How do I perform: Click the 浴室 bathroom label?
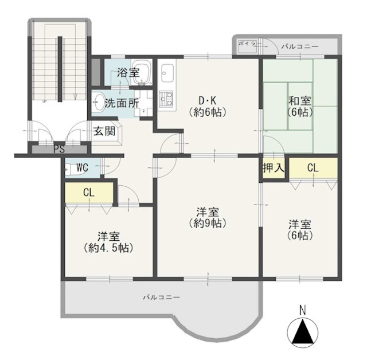[x=128, y=72]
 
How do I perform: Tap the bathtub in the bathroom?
[x=142, y=72]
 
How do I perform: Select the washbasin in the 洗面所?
[x=98, y=103]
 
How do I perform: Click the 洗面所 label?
[x=122, y=103]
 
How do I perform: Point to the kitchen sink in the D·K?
[x=167, y=73]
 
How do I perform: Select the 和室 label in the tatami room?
[x=300, y=101]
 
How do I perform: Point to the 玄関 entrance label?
[x=104, y=131]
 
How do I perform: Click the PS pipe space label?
[x=59, y=149]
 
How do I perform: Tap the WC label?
[x=82, y=167]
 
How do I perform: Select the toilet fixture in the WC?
[x=69, y=169]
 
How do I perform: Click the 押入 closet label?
[x=274, y=168]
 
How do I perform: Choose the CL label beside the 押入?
[x=313, y=168]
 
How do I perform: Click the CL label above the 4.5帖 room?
[x=89, y=193]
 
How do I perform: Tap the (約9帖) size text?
[x=208, y=224]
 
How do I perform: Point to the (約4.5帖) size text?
[x=109, y=248]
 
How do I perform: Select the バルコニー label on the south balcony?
[x=162, y=298]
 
